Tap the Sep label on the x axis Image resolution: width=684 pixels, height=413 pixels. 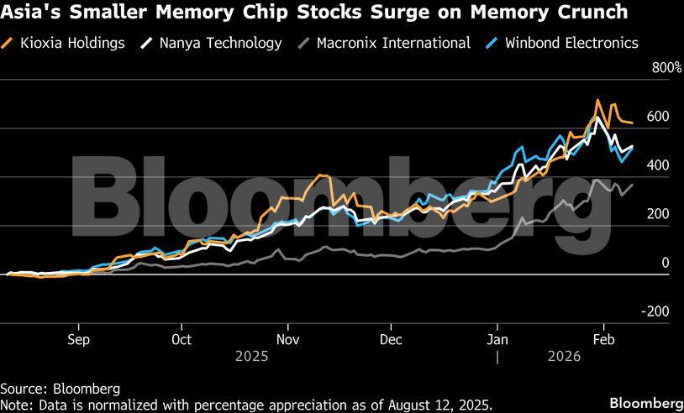pyautogui.click(x=78, y=339)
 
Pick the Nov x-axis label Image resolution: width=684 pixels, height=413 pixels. pyautogui.click(x=288, y=339)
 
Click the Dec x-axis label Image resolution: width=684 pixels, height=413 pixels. pyautogui.click(x=392, y=339)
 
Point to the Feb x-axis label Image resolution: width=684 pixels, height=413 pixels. pyautogui.click(x=602, y=339)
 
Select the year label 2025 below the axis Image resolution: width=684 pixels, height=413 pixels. pyautogui.click(x=252, y=356)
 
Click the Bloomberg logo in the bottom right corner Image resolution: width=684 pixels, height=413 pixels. pyautogui.click(x=645, y=401)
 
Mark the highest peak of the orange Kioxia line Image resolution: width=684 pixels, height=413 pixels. pyautogui.click(x=597, y=100)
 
